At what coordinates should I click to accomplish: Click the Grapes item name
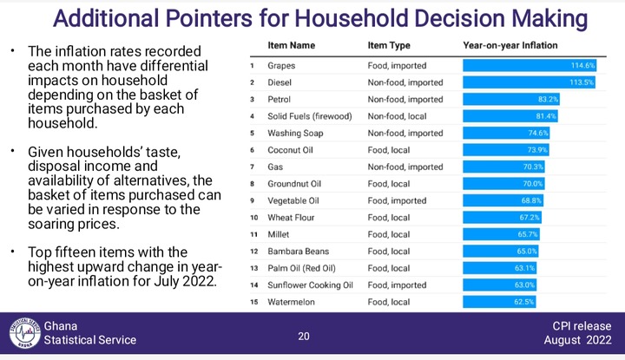pyautogui.click(x=281, y=66)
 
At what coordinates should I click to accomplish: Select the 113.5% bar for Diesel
pyautogui.click(x=529, y=82)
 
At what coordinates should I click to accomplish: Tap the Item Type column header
pyautogui.click(x=389, y=45)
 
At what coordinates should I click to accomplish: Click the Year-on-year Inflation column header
pyautogui.click(x=510, y=45)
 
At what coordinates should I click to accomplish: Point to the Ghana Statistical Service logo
pyautogui.click(x=25, y=333)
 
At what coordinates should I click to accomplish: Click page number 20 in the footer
pyautogui.click(x=304, y=337)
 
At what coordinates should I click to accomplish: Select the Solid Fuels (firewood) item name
pyautogui.click(x=310, y=116)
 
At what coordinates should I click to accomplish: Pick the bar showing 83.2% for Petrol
pyautogui.click(x=511, y=99)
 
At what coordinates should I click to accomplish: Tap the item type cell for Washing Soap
pyautogui.click(x=405, y=133)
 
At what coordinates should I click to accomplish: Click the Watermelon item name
pyautogui.click(x=291, y=302)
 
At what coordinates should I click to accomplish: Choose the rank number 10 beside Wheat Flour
pyautogui.click(x=254, y=218)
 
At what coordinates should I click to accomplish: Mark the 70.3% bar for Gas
pyautogui.click(x=503, y=167)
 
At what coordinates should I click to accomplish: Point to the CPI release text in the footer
pyautogui.click(x=582, y=326)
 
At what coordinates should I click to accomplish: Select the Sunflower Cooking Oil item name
pyautogui.click(x=310, y=285)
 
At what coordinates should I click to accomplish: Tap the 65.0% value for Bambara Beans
pyautogui.click(x=527, y=252)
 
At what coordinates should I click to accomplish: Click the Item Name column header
pyautogui.click(x=292, y=45)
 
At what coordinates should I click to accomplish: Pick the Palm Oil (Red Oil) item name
pyautogui.click(x=301, y=268)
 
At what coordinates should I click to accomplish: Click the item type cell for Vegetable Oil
pyautogui.click(x=397, y=200)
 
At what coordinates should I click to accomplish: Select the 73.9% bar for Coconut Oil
pyautogui.click(x=506, y=150)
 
